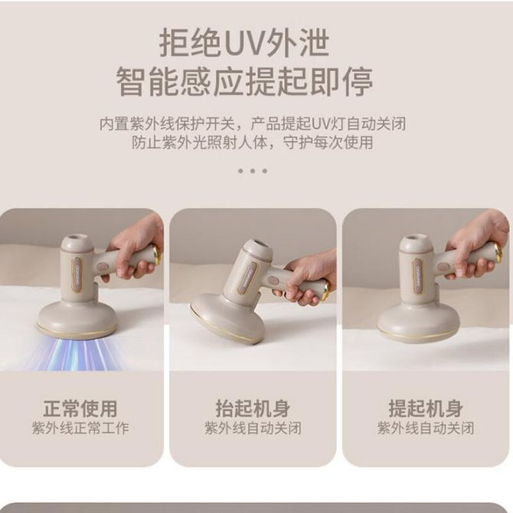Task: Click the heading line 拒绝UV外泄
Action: (x=244, y=43)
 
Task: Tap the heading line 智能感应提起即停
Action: (x=244, y=82)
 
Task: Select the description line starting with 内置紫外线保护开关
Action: (x=252, y=124)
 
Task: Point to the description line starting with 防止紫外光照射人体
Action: (x=252, y=142)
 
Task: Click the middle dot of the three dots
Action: (x=252, y=171)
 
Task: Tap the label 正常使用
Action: (x=80, y=409)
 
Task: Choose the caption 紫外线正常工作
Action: (x=80, y=428)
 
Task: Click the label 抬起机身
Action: (x=253, y=409)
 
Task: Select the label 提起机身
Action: (x=425, y=409)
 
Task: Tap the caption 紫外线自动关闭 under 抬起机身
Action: (x=253, y=428)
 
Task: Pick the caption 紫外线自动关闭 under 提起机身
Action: (x=425, y=428)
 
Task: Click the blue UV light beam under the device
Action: (x=76, y=355)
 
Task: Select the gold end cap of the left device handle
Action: (x=157, y=255)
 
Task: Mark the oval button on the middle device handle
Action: (x=273, y=281)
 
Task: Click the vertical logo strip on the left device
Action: (x=77, y=274)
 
